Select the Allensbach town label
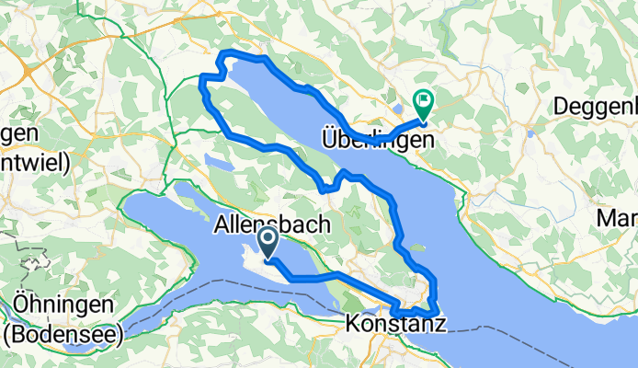click(x=266, y=224)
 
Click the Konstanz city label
click(x=396, y=324)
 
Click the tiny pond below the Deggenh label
click(x=530, y=132)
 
